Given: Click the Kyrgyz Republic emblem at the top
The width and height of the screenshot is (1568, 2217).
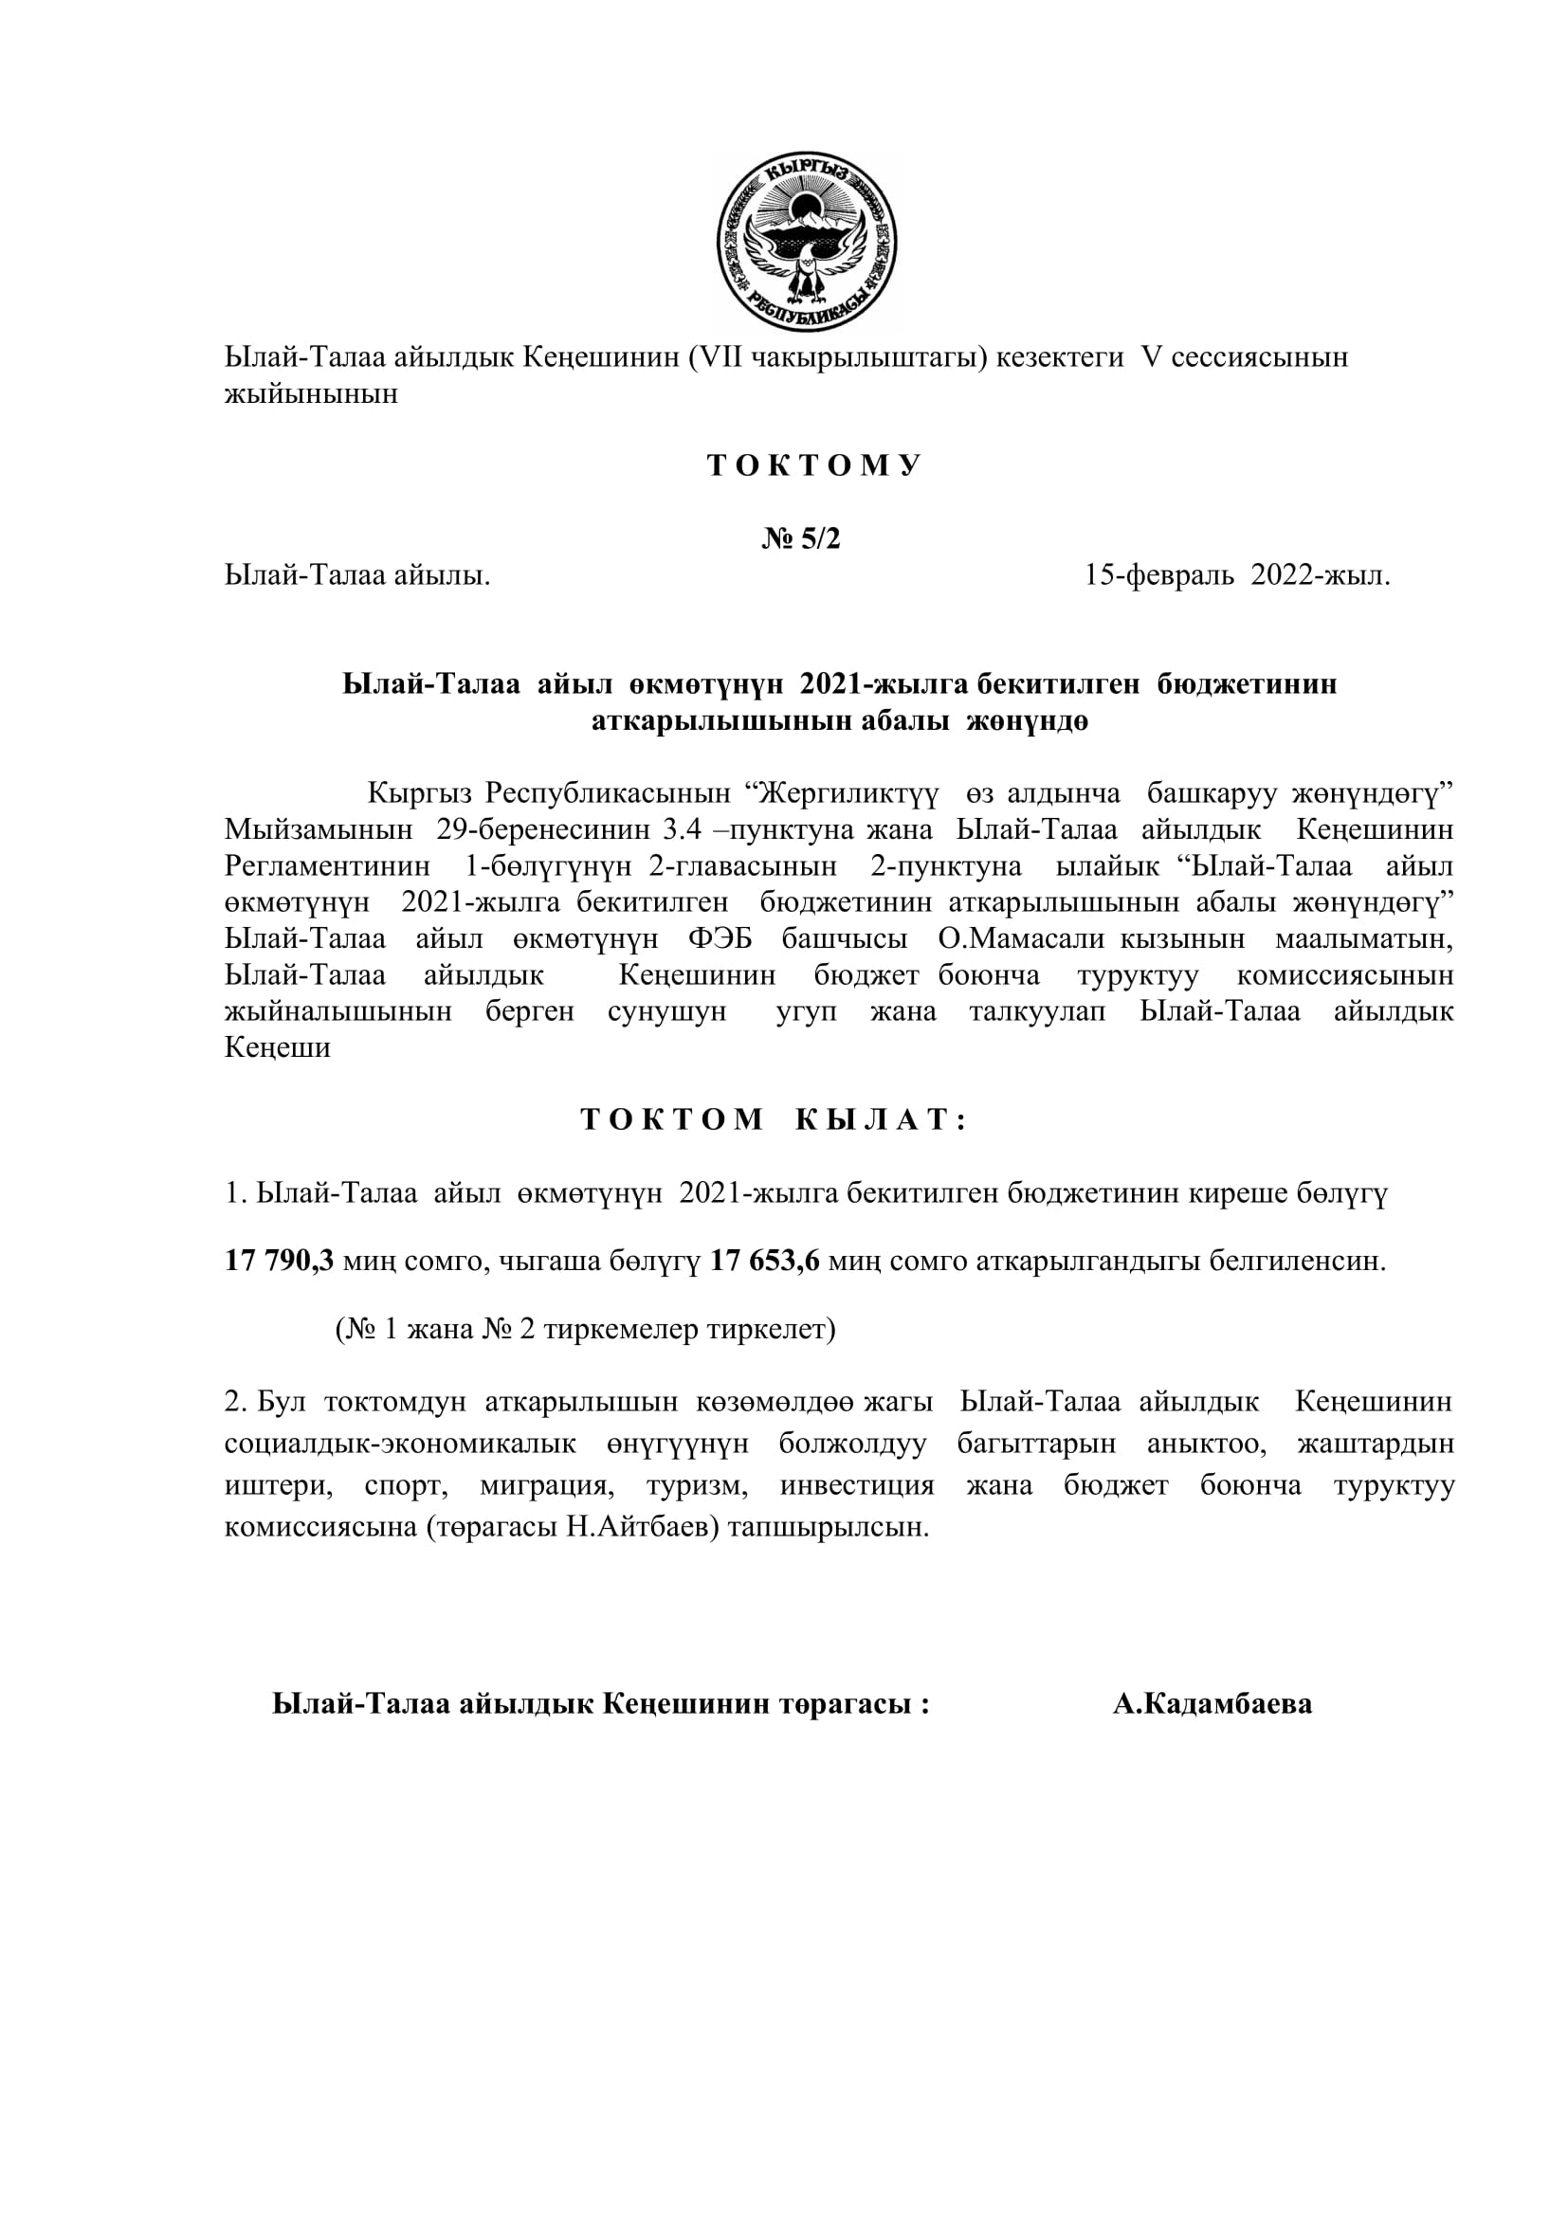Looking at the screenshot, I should [806, 243].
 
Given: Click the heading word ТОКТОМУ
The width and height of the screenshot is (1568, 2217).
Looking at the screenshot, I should [814, 465].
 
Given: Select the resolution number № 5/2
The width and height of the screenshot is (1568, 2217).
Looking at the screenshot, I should [801, 538].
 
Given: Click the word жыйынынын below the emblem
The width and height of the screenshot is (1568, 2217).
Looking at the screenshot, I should [311, 394].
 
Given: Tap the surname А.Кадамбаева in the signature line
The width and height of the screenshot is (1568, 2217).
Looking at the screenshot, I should [1212, 1703].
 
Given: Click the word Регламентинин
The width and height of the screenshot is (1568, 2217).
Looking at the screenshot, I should [327, 866].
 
